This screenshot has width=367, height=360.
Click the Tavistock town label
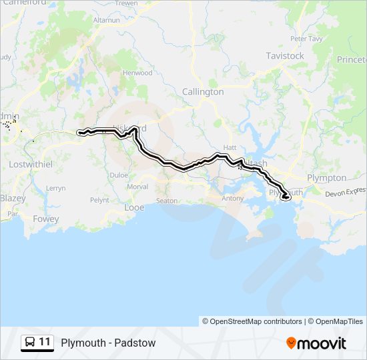point(285,56)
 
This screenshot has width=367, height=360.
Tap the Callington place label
point(203,92)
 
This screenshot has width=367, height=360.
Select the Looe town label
point(134,207)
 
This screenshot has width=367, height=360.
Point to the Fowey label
point(45,219)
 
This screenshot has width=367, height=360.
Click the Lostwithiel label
point(30,163)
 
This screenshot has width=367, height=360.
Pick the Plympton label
point(326,178)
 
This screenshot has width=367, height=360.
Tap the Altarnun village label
point(107,21)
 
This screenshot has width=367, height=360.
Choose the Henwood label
point(137,73)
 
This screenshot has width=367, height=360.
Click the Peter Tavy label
point(306,39)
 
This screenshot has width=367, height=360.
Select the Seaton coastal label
point(167,201)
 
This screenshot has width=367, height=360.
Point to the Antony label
point(233,198)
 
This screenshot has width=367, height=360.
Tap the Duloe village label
point(119,175)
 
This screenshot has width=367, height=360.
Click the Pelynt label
point(99,200)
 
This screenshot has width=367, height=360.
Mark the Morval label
point(137,187)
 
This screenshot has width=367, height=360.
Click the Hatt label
point(230,147)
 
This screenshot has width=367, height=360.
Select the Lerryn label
point(56,188)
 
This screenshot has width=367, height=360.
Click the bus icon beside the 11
point(29,342)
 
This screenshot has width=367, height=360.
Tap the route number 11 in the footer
point(45,342)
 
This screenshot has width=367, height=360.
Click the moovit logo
point(316,343)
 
